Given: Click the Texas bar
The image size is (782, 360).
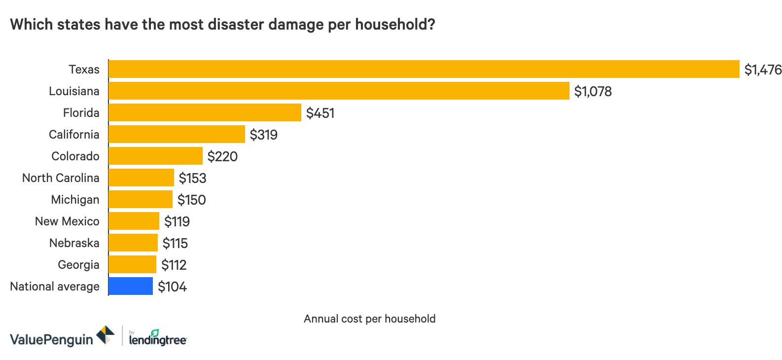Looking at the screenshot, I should pos(424,69).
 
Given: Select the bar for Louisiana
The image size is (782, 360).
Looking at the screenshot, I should pos(339,91).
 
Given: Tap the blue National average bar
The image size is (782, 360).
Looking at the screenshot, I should pos(131,286).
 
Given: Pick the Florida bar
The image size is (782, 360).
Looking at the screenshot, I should pos(205,112).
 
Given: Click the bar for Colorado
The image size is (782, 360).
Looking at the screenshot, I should pos(155,156).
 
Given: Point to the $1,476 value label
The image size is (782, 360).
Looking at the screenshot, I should pos(763,70).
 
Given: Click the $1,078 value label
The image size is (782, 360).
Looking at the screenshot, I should pos(593,91).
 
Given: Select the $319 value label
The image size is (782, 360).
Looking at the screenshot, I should pos(263,135).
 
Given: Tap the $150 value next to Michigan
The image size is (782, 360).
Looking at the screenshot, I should pos(191,200).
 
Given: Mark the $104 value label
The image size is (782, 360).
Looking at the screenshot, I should pos(172,287).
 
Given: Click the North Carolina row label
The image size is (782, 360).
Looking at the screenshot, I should pos(61,178).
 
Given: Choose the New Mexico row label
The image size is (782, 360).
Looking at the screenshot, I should pos(67,221).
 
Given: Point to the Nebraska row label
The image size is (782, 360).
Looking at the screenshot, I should pos(74,243).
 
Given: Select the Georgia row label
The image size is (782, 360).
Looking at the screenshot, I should pos(78,265).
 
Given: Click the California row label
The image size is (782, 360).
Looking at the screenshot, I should pos(74,135).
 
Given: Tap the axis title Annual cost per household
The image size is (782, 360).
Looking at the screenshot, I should pos(369,319).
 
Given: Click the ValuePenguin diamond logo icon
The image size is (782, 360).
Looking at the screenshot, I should pos(105,335).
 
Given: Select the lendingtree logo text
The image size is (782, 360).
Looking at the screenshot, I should pos(157,340).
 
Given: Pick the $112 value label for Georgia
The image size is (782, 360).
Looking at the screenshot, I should pos(174,265).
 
